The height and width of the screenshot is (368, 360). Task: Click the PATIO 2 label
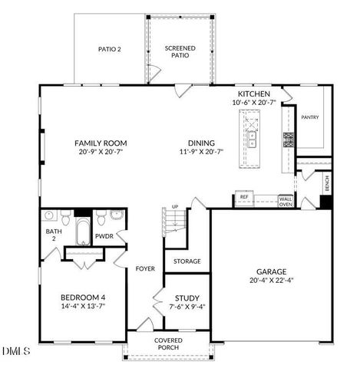pos(110,48)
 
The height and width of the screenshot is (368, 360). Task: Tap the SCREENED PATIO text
pos(180,51)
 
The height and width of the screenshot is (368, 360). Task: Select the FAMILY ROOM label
pos(101,143)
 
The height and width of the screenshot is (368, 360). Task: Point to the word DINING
pos(201,143)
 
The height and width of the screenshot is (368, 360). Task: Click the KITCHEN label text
pos(253,93)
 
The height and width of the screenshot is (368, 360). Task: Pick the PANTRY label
pos(310,117)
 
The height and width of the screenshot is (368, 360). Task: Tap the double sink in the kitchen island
pos(251,139)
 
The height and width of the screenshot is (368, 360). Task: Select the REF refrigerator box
pos(245,197)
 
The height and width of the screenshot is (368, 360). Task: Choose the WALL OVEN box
pos(286,201)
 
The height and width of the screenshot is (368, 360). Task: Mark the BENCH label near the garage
pos(327,183)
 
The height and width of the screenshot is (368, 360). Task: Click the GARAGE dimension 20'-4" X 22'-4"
pos(271,281)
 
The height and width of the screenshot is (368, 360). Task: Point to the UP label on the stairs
pos(174,207)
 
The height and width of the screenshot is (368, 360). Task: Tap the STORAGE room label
pos(187,261)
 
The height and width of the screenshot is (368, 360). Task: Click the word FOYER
pos(146,269)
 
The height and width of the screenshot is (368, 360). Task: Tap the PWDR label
pos(104,237)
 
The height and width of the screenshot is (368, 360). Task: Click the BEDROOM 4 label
pos(83,297)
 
